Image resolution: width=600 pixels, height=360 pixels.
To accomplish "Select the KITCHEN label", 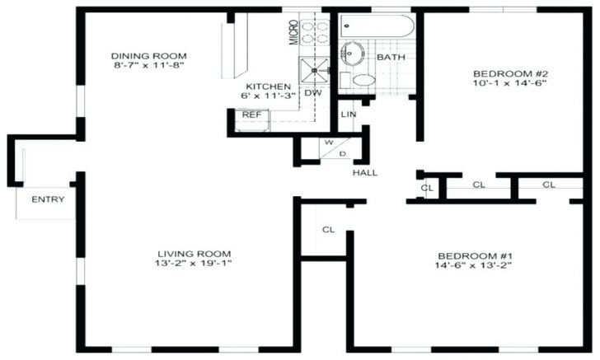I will tap(267, 86).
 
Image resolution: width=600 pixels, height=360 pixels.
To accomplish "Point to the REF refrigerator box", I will tap(251, 115).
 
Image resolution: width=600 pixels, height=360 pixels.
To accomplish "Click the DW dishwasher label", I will tap(313, 92).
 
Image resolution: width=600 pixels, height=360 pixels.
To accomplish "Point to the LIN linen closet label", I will tap(349, 114).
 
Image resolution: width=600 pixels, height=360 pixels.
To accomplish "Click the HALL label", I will tap(365, 173).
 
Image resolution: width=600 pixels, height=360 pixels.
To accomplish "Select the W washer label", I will tap(327, 142).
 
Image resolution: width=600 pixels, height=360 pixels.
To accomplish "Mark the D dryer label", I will tap(342, 153).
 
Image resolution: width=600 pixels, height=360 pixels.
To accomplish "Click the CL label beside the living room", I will tap(328, 229).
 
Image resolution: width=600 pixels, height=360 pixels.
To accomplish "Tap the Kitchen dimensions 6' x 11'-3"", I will tap(268, 96).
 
